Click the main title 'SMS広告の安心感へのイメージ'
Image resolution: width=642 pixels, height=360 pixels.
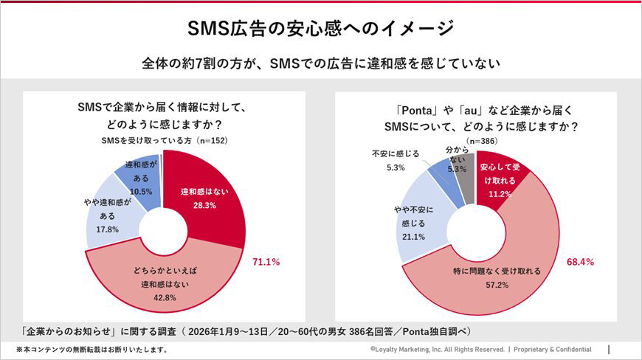[321, 28]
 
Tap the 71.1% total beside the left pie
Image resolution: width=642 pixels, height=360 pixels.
[266, 262]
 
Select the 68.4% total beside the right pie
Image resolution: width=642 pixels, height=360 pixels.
[581, 262]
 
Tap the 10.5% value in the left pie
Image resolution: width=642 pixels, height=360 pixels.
[140, 191]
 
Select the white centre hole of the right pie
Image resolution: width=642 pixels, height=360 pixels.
[476, 232]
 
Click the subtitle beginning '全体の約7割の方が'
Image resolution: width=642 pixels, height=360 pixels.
[321, 63]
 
